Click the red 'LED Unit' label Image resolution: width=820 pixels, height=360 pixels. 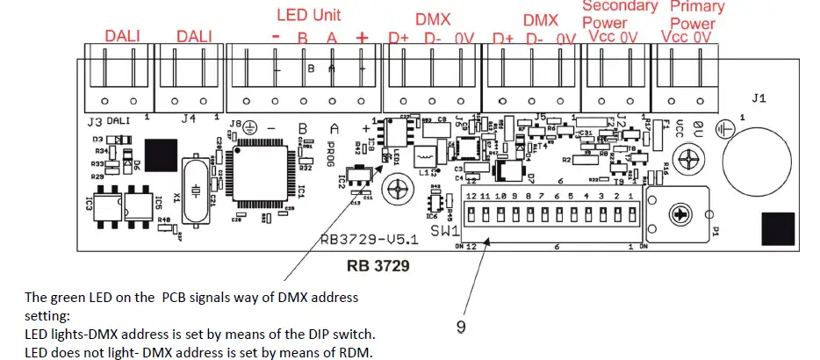click(308, 15)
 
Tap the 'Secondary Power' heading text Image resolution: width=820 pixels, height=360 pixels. click(619, 14)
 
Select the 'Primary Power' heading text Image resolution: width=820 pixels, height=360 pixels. click(697, 14)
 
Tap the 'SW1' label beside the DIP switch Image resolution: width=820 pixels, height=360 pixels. click(446, 231)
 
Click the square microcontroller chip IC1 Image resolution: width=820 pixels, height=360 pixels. click(260, 180)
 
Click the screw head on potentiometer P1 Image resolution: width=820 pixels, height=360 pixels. click(680, 213)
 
